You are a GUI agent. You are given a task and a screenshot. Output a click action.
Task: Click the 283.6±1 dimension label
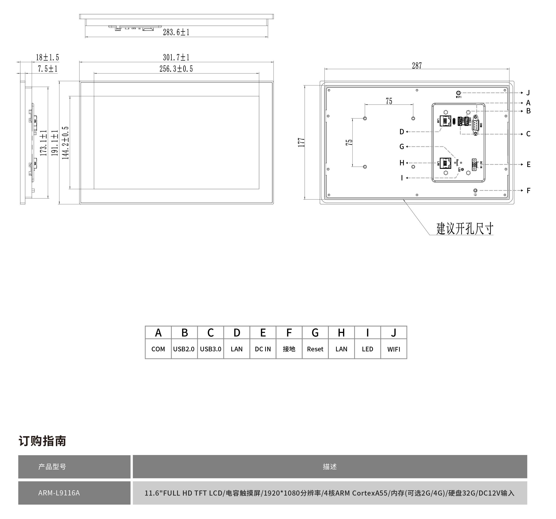[x=176, y=32]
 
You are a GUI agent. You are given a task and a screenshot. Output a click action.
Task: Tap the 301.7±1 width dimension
[x=176, y=57]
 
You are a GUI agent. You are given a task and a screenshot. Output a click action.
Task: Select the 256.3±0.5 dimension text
[x=176, y=69]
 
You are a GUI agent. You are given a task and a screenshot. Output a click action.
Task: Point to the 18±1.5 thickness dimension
[x=47, y=57]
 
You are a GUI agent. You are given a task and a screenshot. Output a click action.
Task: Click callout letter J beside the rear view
[x=528, y=93]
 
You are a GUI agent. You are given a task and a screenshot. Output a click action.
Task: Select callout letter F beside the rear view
[x=528, y=191]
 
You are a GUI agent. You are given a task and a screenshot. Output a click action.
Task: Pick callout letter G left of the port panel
[x=402, y=146]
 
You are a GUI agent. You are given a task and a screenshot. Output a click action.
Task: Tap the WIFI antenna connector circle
[x=458, y=93]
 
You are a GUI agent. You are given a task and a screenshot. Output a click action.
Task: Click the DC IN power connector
[x=474, y=164]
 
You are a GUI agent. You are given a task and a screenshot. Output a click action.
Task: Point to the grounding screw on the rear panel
[x=475, y=191]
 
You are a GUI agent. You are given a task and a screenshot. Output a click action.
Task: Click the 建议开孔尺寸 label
[x=465, y=229]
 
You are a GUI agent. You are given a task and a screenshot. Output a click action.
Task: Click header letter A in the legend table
[x=158, y=333]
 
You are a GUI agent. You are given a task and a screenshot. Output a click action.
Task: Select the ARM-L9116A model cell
[x=59, y=493]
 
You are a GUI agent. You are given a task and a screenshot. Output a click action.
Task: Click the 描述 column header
[x=330, y=466]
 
